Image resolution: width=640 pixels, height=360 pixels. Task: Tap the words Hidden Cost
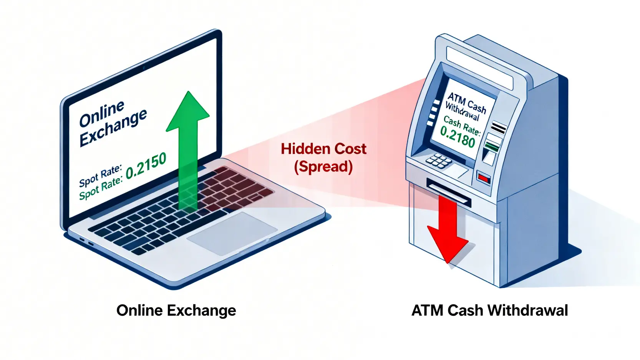tap(323, 149)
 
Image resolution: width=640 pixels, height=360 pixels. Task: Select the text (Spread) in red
tap(323, 167)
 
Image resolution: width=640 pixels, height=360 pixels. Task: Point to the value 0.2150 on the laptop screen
tap(146, 166)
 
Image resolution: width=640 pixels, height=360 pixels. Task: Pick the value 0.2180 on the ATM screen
tap(458, 137)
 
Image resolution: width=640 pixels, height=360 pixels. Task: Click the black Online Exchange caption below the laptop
tap(176, 310)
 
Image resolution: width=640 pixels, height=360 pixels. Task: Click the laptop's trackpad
tap(232, 233)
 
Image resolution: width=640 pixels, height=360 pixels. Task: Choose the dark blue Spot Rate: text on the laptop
tap(100, 175)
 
